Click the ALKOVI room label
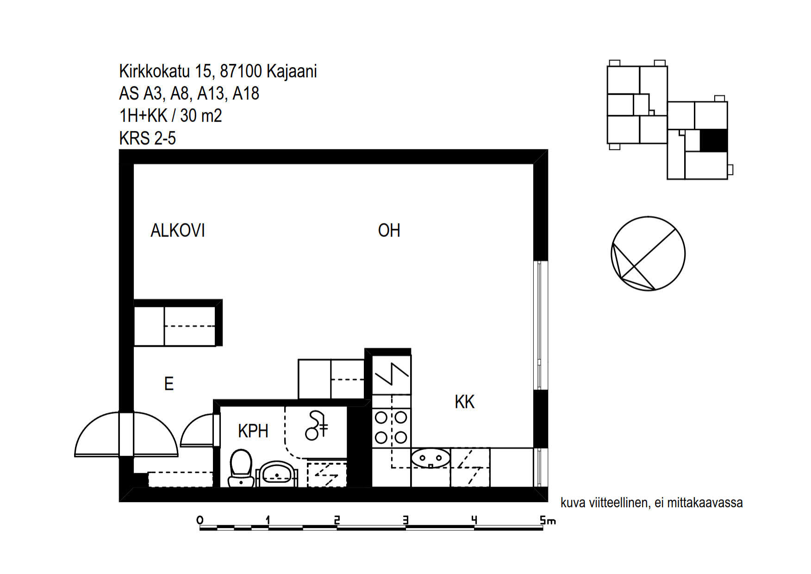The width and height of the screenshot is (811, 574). click(x=178, y=231)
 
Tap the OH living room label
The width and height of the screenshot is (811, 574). click(x=389, y=231)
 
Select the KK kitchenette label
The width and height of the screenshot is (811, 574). click(x=464, y=402)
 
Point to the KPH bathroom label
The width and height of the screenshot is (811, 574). click(x=253, y=431)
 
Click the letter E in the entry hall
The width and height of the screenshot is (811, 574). click(x=169, y=384)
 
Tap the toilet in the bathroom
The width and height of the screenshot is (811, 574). click(x=241, y=468)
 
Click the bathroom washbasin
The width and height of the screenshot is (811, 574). click(x=277, y=474)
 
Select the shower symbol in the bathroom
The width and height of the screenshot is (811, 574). click(x=317, y=425)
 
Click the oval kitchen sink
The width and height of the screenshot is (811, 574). click(x=430, y=458)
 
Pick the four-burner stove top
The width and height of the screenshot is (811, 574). click(x=391, y=427)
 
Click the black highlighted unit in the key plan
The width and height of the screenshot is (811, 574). click(x=713, y=140)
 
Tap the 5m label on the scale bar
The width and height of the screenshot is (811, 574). click(x=548, y=520)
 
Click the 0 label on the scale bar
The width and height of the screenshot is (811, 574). click(x=200, y=520)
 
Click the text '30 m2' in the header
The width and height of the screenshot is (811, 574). click(x=201, y=116)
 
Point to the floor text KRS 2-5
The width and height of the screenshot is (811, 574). click(x=147, y=138)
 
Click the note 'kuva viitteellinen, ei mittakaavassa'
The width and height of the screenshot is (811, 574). click(x=651, y=503)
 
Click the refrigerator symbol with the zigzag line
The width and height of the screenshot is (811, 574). click(x=392, y=375)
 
